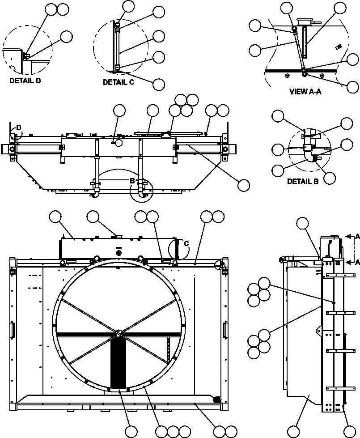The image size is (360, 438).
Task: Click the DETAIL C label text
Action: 119,82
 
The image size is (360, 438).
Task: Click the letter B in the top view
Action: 132,181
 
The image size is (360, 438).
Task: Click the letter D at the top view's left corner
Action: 18,128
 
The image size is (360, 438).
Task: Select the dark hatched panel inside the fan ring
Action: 119,362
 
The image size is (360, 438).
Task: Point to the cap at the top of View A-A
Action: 304,21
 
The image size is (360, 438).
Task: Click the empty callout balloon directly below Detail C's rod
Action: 159,84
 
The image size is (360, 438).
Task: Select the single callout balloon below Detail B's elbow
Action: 330,178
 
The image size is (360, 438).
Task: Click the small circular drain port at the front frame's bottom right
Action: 216,399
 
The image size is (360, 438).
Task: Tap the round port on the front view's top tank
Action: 119,253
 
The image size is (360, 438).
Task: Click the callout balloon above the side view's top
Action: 303,224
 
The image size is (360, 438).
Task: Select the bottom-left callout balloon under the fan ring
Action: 131,432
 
